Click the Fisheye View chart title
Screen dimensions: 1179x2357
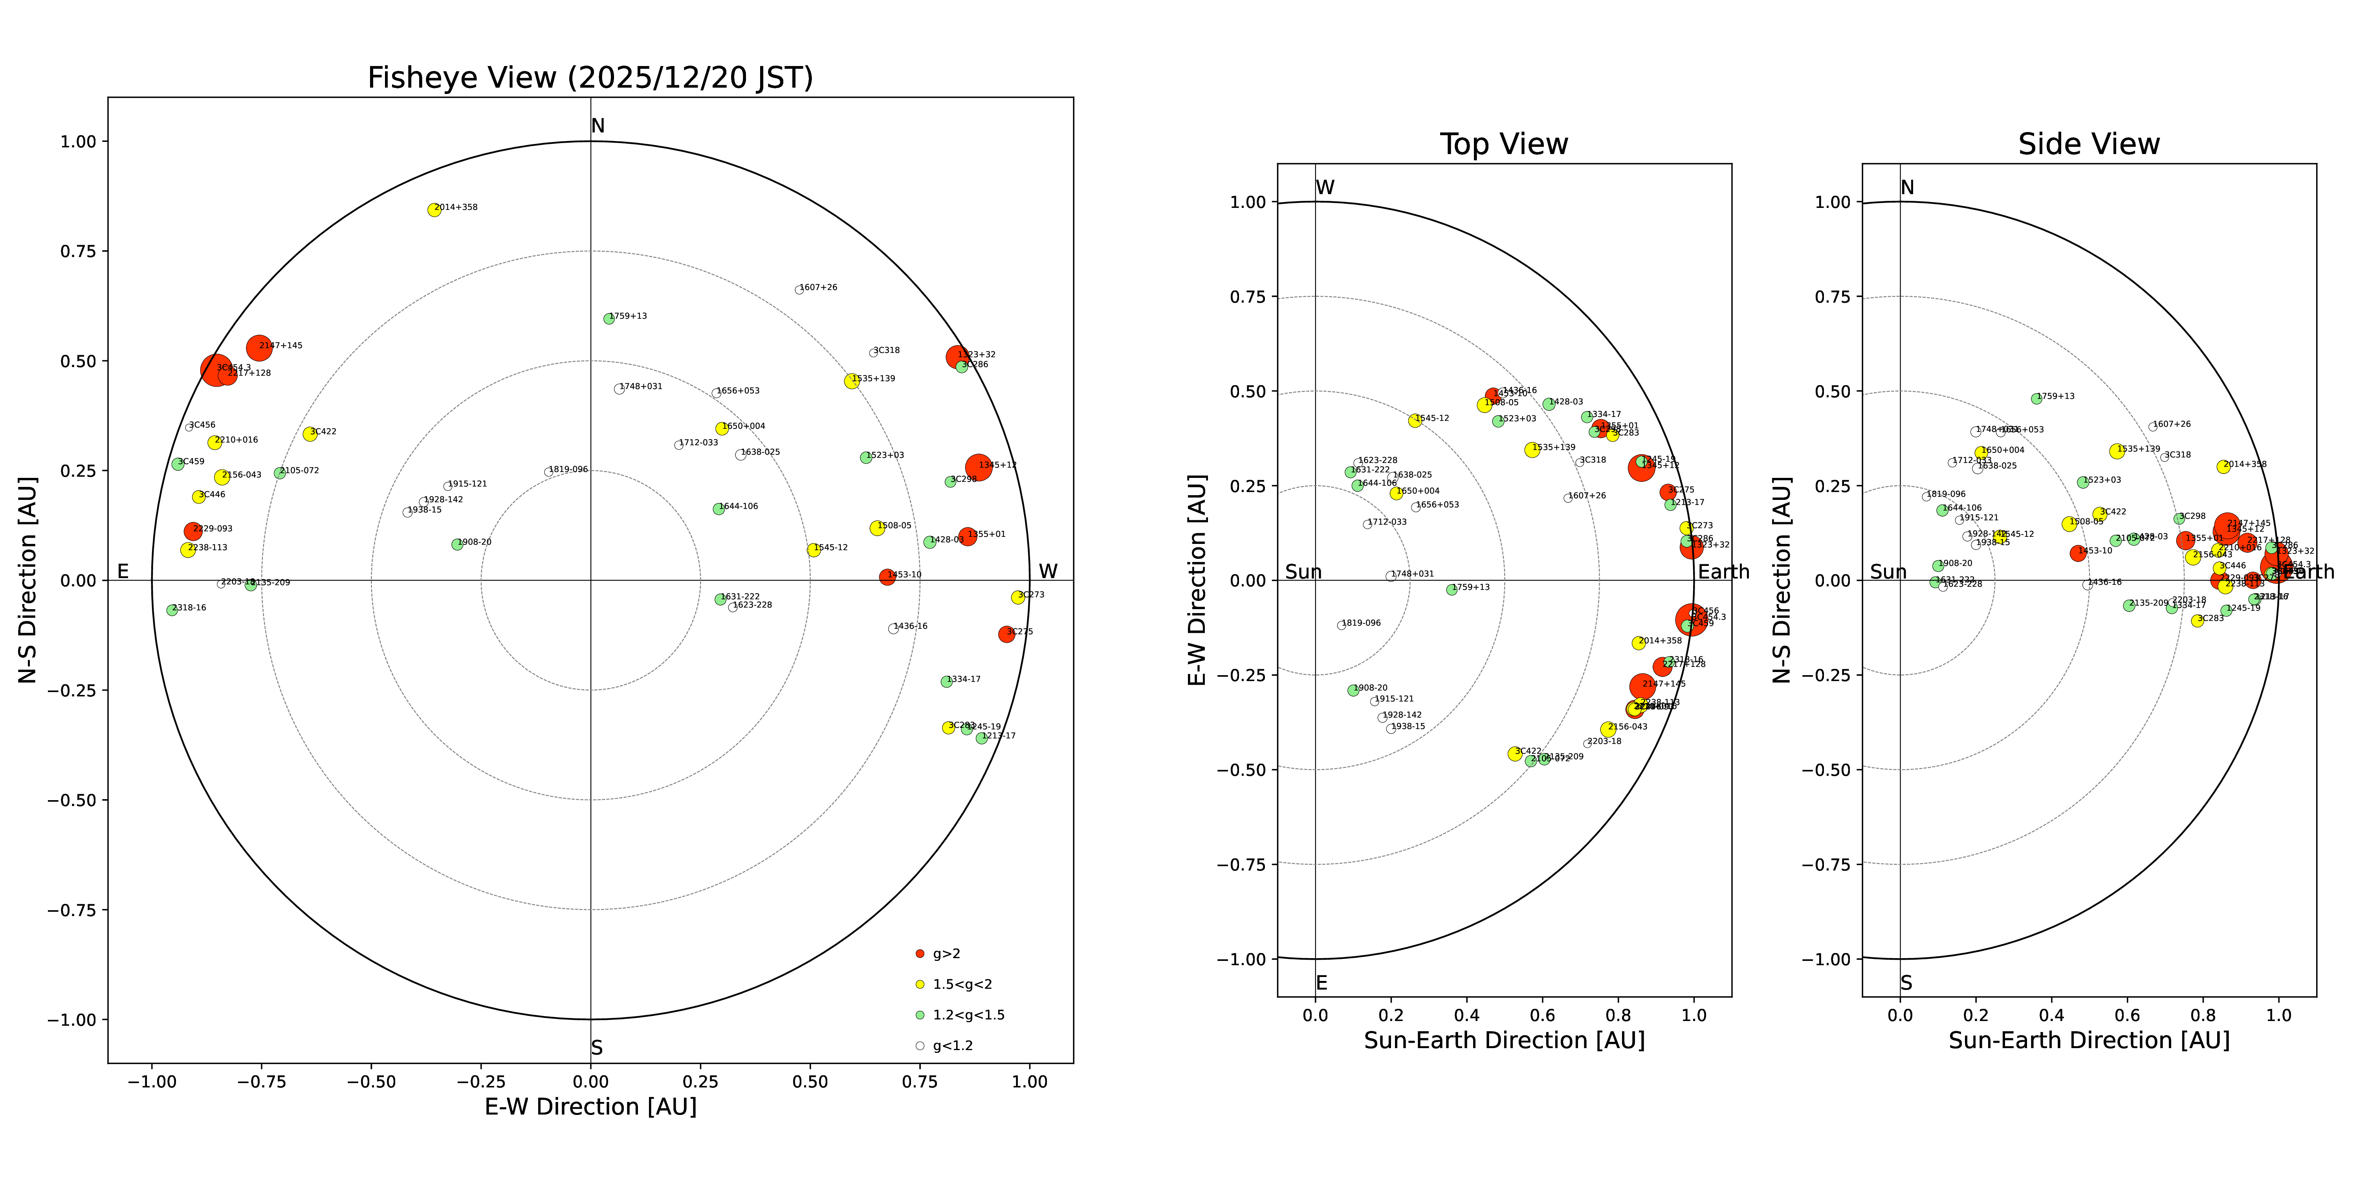[590, 78]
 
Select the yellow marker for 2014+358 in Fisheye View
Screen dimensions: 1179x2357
[434, 209]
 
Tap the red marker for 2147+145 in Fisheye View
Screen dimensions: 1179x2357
[259, 348]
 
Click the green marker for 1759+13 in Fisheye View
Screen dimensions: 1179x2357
[608, 319]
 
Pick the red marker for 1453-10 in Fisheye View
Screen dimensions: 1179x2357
[887, 577]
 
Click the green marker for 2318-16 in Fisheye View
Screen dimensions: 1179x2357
[172, 610]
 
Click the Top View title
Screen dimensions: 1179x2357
[1503, 145]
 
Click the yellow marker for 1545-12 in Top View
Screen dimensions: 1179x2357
[1415, 420]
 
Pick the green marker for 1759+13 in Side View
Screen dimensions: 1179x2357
[2036, 398]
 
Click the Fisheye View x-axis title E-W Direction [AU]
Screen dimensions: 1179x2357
[590, 1107]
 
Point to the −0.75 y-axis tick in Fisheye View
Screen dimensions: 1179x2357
[71, 910]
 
